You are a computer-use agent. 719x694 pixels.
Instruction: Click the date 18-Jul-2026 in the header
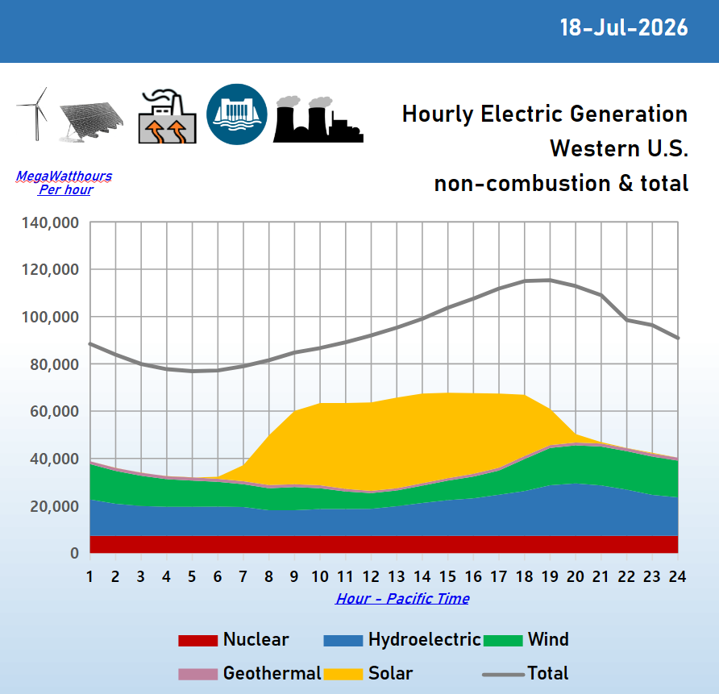624,27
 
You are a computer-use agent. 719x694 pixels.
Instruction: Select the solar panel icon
91,122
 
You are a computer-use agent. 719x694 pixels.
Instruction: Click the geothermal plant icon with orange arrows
168,116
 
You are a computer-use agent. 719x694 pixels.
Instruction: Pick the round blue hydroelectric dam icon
237,114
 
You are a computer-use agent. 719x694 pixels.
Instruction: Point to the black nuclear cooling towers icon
318,119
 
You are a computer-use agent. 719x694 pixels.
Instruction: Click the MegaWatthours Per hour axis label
64,182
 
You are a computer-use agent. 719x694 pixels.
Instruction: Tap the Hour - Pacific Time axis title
402,598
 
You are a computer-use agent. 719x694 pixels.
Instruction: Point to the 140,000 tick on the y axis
51,222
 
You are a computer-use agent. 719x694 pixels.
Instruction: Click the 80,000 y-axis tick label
55,364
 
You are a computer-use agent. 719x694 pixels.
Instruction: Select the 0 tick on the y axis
74,553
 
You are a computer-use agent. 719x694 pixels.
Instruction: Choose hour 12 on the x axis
371,576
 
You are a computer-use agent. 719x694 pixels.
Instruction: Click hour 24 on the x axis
677,576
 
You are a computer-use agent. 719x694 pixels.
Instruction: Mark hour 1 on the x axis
90,576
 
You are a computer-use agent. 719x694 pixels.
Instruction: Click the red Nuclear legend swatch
197,640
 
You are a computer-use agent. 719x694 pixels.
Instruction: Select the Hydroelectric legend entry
401,639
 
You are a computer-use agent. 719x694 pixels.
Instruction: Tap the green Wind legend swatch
503,640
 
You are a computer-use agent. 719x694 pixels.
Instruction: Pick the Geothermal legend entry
249,673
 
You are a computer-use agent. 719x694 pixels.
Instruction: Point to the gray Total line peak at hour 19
550,280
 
